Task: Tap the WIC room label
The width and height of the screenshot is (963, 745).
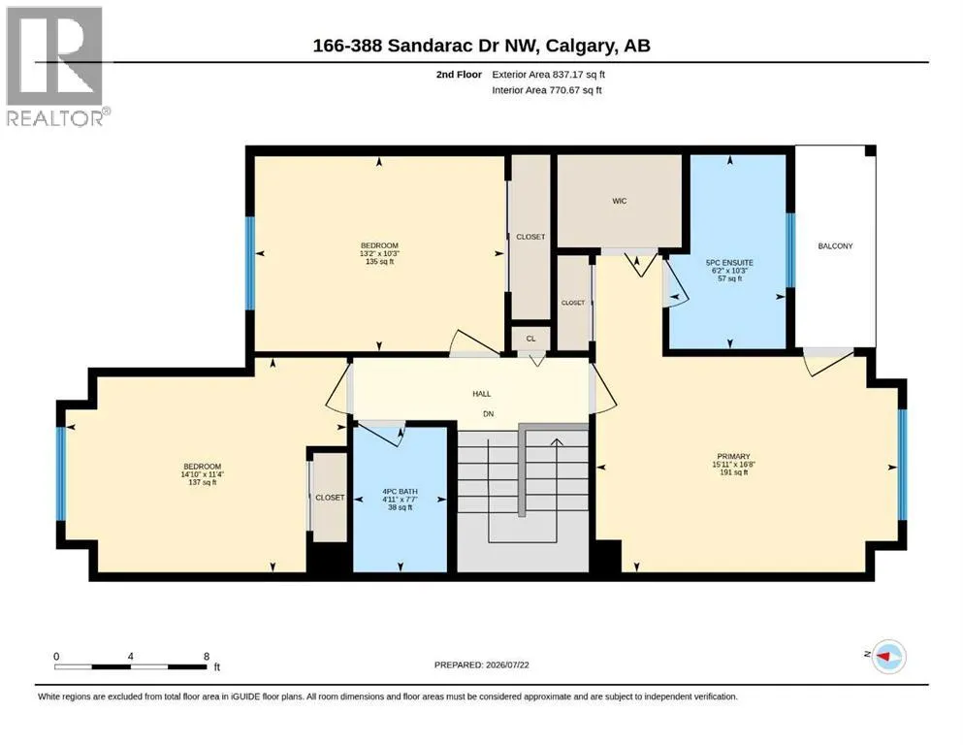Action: [x=619, y=201]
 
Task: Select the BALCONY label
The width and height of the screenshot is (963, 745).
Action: [x=835, y=245]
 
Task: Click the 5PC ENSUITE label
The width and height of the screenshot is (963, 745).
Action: [x=729, y=262]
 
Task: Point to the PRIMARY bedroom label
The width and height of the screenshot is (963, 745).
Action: [x=733, y=456]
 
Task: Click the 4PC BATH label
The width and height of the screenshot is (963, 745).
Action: [x=400, y=492]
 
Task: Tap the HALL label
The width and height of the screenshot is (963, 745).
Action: [x=481, y=394]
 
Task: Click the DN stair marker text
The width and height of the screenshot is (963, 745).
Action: [x=488, y=414]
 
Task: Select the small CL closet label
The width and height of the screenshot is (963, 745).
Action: [x=530, y=339]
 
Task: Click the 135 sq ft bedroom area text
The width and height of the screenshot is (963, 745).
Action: [x=379, y=262]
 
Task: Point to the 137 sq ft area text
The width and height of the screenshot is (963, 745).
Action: [x=203, y=483]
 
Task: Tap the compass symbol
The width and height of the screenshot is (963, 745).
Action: [x=888, y=656]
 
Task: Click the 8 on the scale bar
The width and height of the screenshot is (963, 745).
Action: [x=207, y=656]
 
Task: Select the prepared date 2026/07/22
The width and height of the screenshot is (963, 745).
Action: [x=507, y=664]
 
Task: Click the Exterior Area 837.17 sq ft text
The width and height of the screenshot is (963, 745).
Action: [x=549, y=75]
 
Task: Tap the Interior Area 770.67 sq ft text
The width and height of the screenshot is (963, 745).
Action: [x=547, y=89]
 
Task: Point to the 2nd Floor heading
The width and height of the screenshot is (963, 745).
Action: [x=459, y=75]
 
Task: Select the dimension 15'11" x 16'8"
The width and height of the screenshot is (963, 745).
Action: [x=733, y=465]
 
